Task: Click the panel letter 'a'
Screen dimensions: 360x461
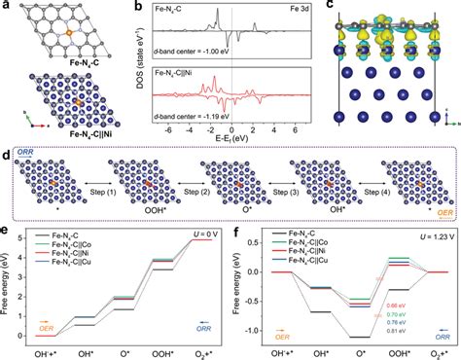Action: click(7, 7)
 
